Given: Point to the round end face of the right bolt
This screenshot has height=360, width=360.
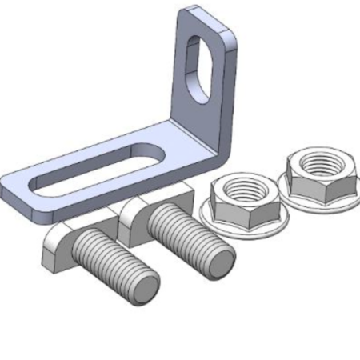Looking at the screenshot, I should [218, 261].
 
